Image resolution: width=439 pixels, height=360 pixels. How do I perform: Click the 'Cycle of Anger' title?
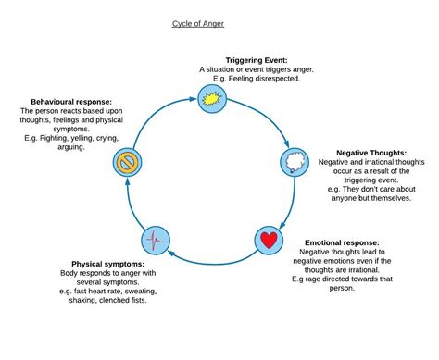coord(198,24)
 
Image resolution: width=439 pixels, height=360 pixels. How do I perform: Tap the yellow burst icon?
coord(212,99)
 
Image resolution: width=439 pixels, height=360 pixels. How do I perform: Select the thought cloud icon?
coord(295,162)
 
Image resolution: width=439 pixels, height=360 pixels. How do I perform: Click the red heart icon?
coord(269,240)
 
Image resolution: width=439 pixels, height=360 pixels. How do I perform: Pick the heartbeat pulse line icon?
coord(156,241)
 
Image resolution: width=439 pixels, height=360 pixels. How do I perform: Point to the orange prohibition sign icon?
coord(127,162)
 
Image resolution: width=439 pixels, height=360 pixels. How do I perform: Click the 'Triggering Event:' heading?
coord(257,60)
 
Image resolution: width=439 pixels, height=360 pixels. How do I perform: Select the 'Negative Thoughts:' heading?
coord(371,153)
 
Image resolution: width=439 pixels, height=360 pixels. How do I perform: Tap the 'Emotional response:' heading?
coord(342,242)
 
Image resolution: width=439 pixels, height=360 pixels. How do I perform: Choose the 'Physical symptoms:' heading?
coord(107,264)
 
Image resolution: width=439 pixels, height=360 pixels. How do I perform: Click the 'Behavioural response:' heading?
coord(71,102)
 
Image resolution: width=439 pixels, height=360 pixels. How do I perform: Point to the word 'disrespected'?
coord(279,79)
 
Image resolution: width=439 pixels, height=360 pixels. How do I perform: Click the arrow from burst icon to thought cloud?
coord(265,117)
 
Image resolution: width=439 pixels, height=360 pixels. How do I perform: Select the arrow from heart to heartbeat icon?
coord(214,263)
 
